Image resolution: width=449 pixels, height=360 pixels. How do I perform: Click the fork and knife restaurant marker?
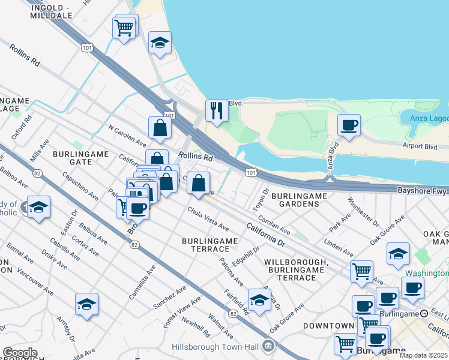[x=216, y=110]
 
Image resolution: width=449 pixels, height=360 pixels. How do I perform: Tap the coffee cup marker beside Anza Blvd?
[x=349, y=125]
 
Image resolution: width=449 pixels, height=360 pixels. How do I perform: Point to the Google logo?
[x=20, y=353]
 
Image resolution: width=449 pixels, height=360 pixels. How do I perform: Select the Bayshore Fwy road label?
[x=423, y=190]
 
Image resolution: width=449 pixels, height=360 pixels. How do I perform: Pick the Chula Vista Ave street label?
[x=208, y=219]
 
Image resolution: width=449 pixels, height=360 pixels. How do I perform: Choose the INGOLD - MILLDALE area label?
[x=51, y=11]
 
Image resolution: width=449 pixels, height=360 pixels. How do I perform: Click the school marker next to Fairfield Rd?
[x=259, y=299]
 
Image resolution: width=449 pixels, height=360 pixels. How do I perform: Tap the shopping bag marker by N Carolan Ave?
[x=160, y=128]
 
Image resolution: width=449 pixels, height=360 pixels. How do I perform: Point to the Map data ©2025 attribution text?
[x=424, y=355]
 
